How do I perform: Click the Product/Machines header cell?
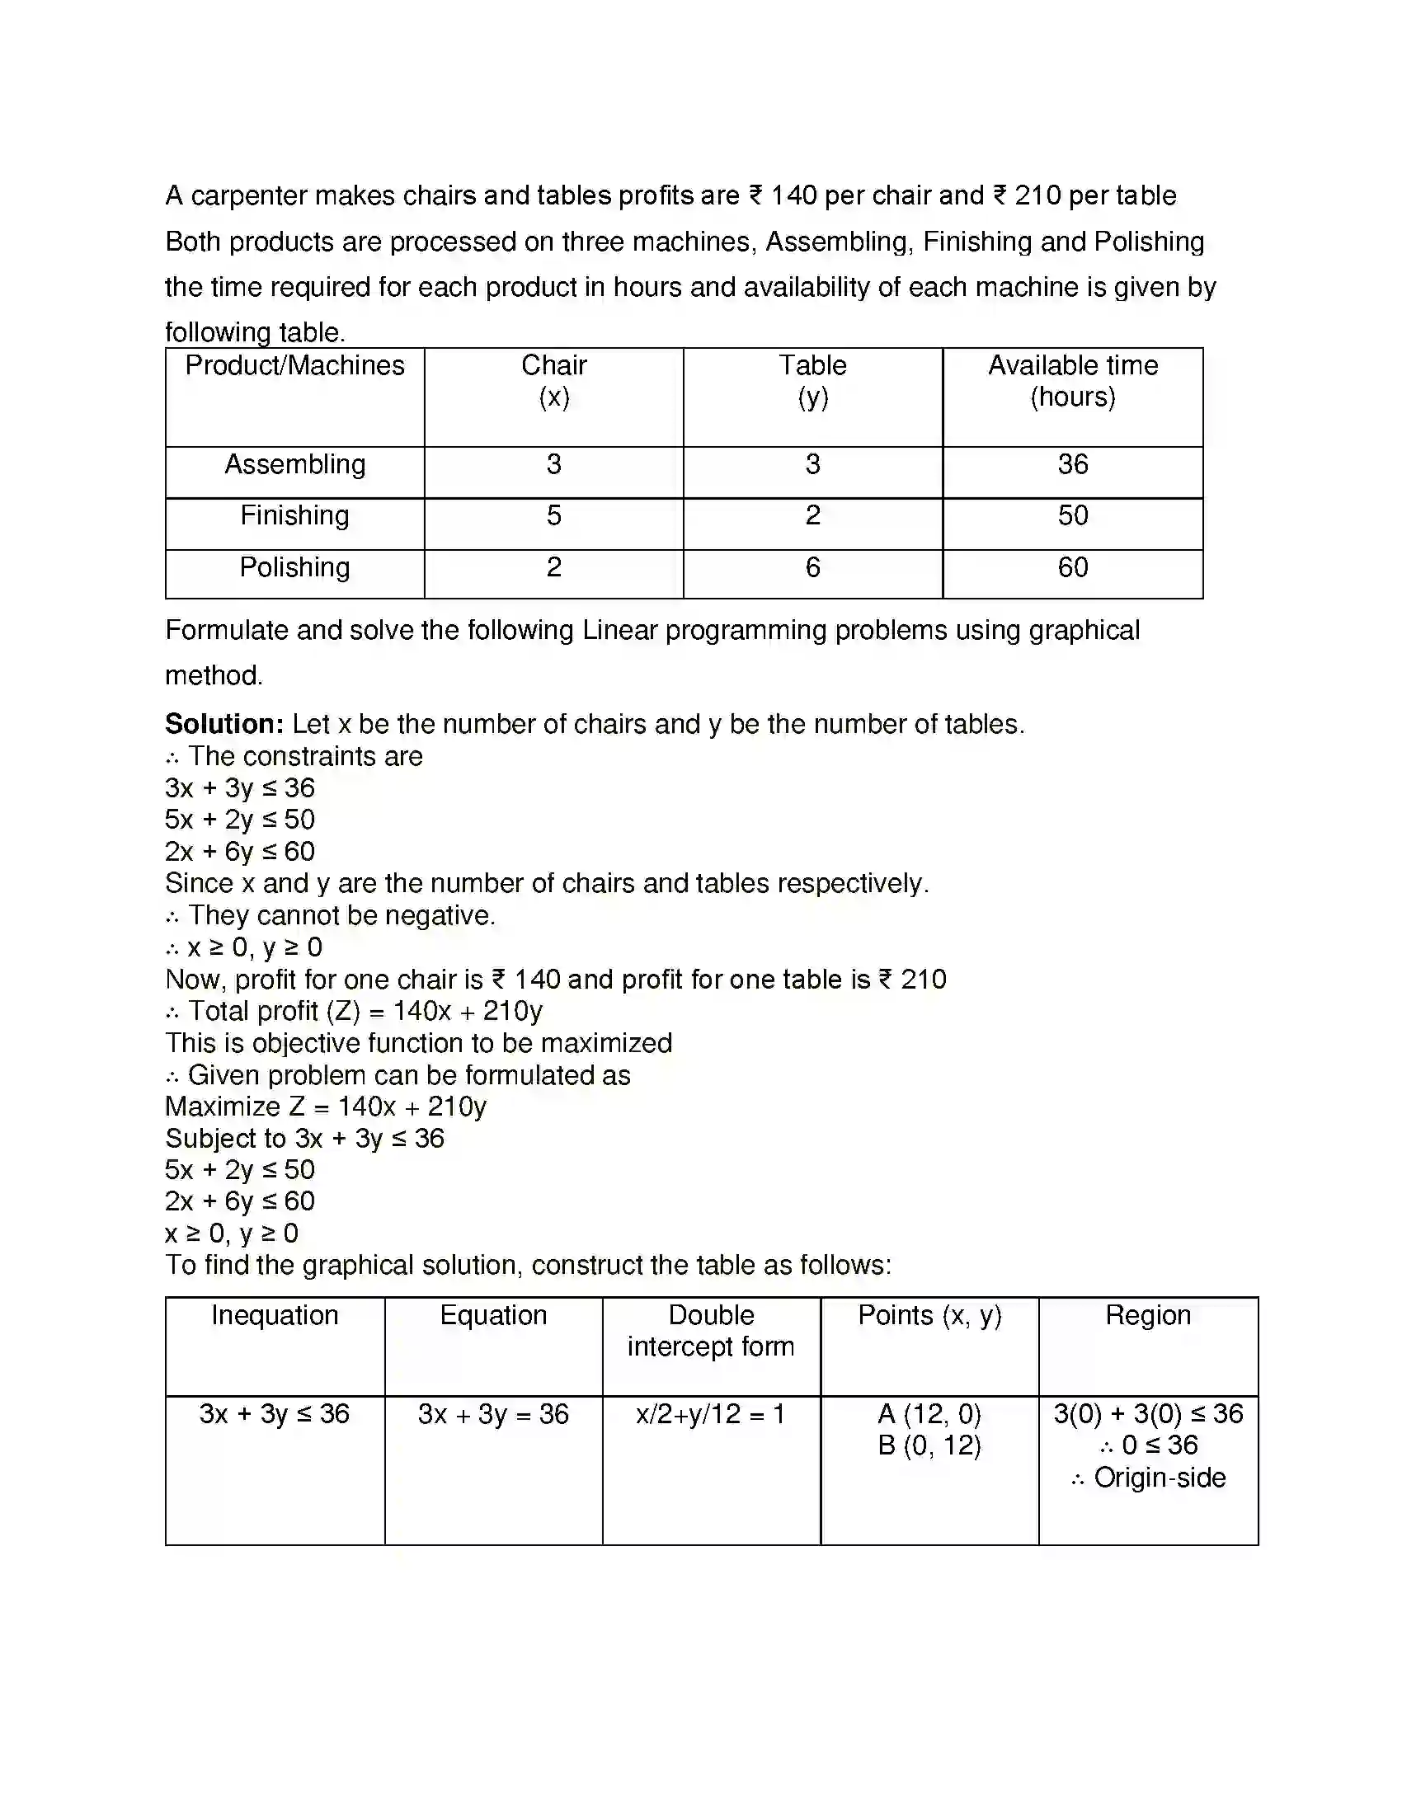294,365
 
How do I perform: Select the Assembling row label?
295,464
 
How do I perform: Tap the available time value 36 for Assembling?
1072,464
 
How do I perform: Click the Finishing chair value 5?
553,516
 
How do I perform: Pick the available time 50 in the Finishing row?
1072,516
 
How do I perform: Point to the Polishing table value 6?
812,567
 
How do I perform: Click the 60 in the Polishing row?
1072,567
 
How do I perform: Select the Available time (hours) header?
1072,380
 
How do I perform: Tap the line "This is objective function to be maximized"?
418,1043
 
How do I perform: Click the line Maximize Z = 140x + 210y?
326,1107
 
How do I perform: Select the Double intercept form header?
711,1331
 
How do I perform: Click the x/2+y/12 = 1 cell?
711,1413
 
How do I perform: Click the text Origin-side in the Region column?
1159,1478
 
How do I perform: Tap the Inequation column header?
274,1316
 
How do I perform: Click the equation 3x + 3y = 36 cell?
493,1413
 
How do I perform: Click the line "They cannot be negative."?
341,915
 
